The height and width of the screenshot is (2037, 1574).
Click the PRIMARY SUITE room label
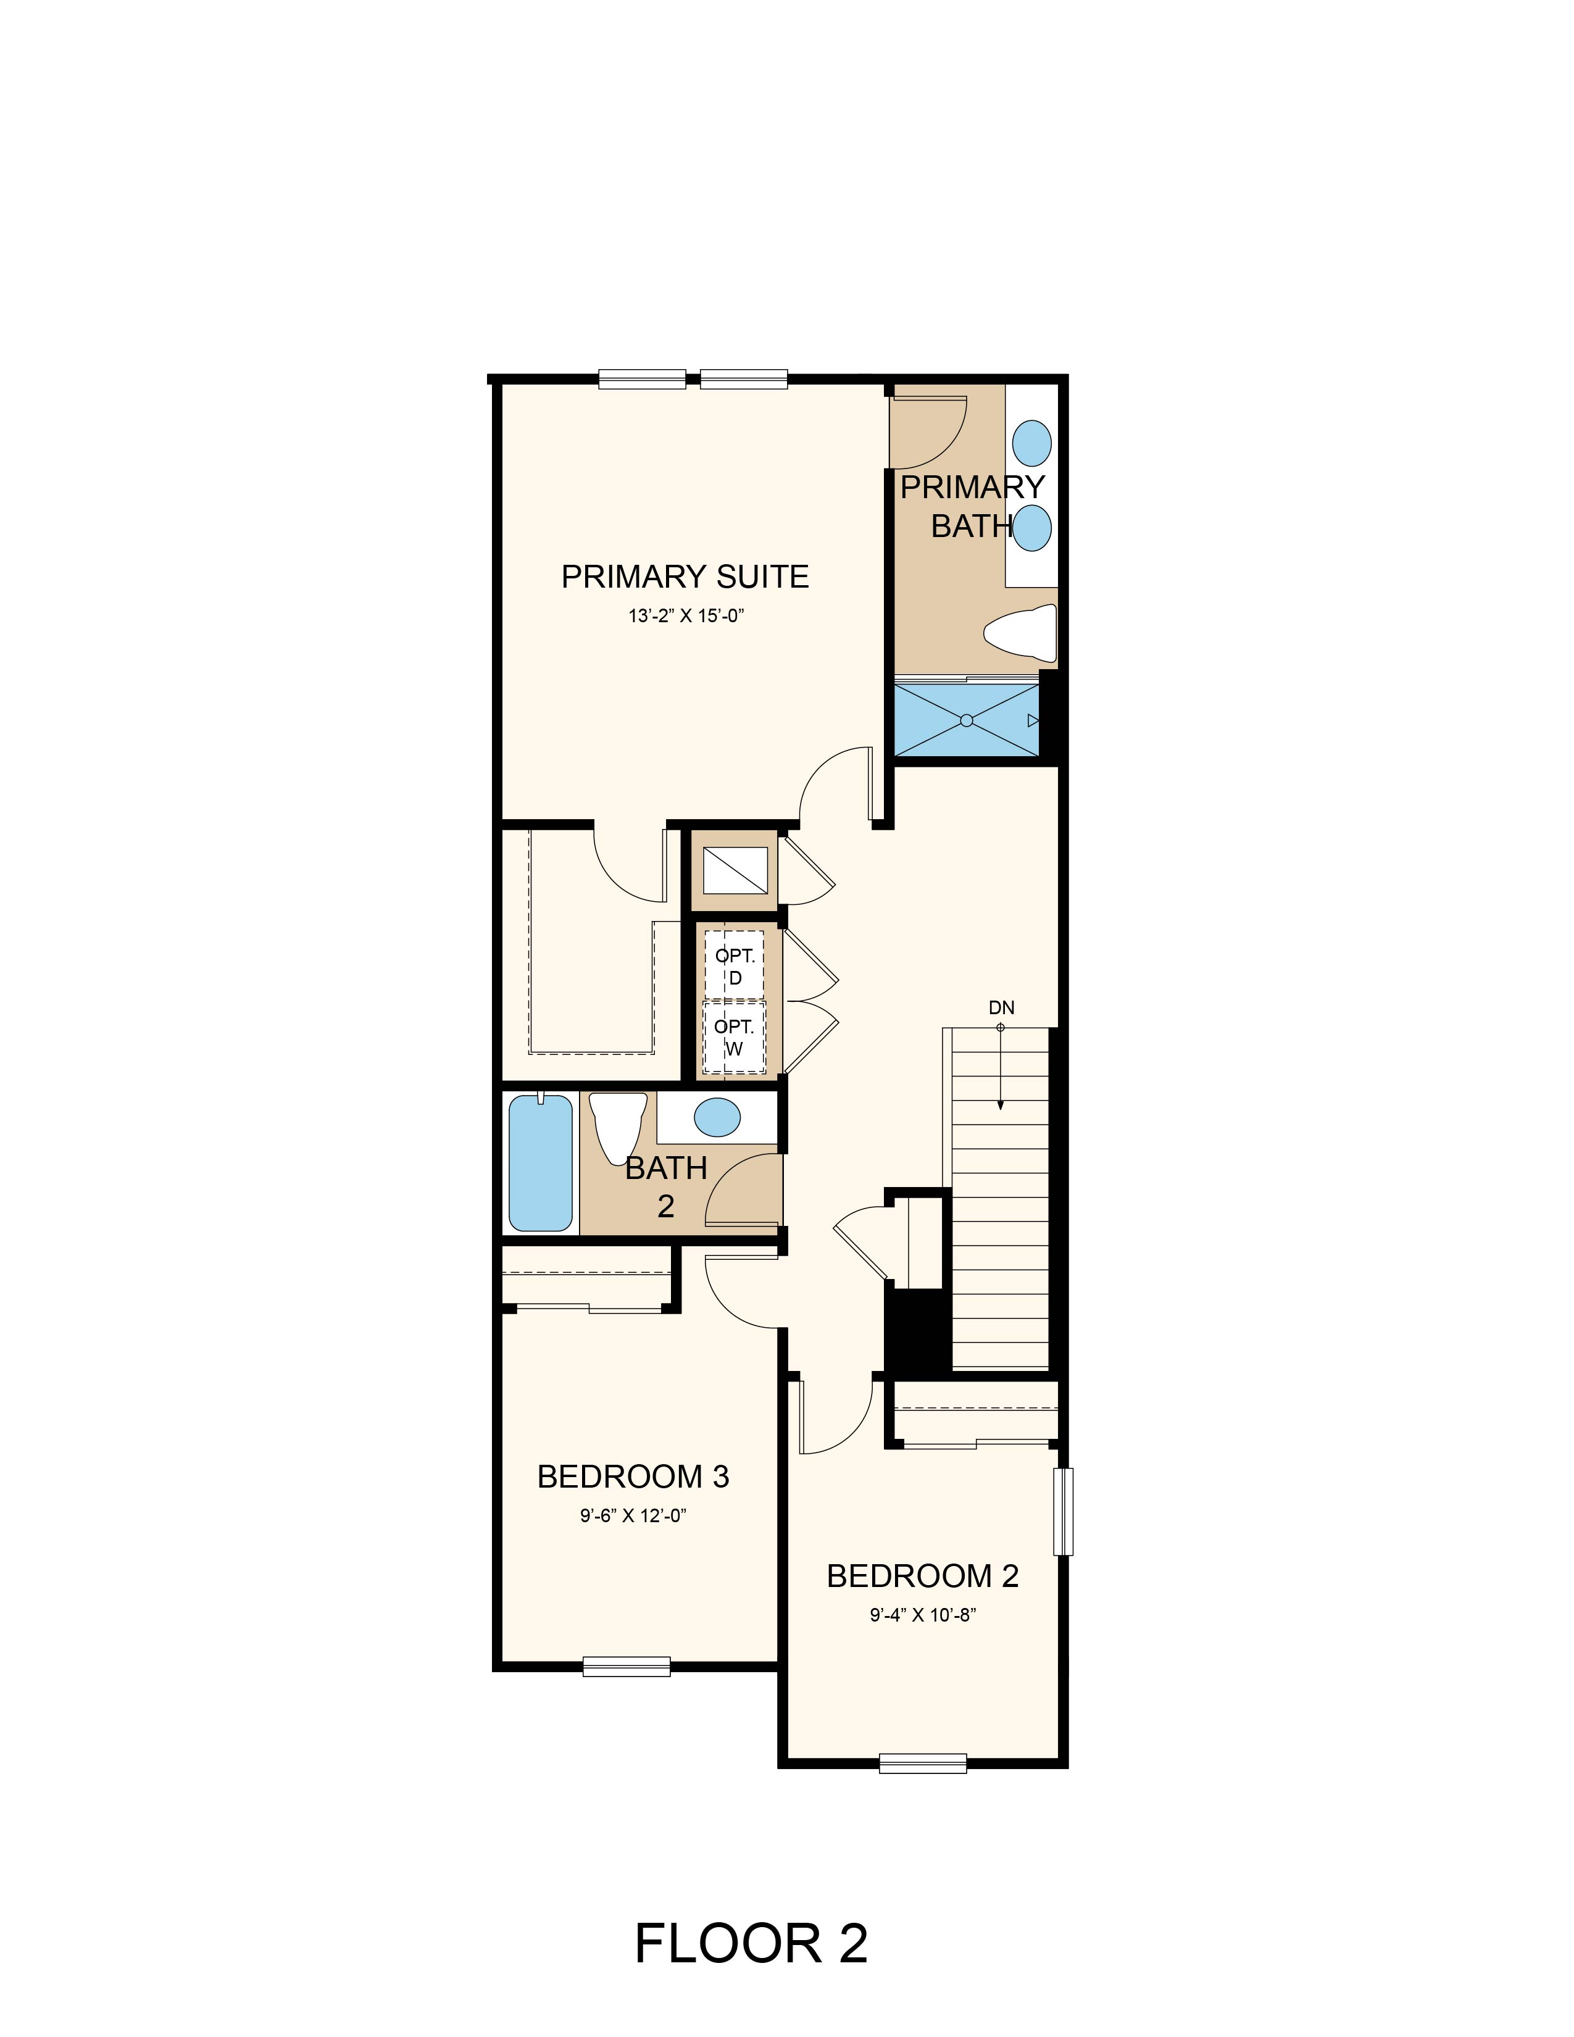(685, 577)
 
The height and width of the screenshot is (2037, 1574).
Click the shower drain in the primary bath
(966, 720)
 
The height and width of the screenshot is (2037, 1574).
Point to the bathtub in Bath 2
(540, 1162)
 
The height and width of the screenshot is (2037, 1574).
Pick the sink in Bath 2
(718, 1117)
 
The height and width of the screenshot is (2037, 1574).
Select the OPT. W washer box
(734, 1037)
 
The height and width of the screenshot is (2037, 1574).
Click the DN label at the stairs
(1001, 1007)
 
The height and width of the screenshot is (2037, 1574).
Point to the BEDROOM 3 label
(633, 1477)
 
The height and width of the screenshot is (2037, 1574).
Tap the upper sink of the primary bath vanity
(1032, 442)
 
